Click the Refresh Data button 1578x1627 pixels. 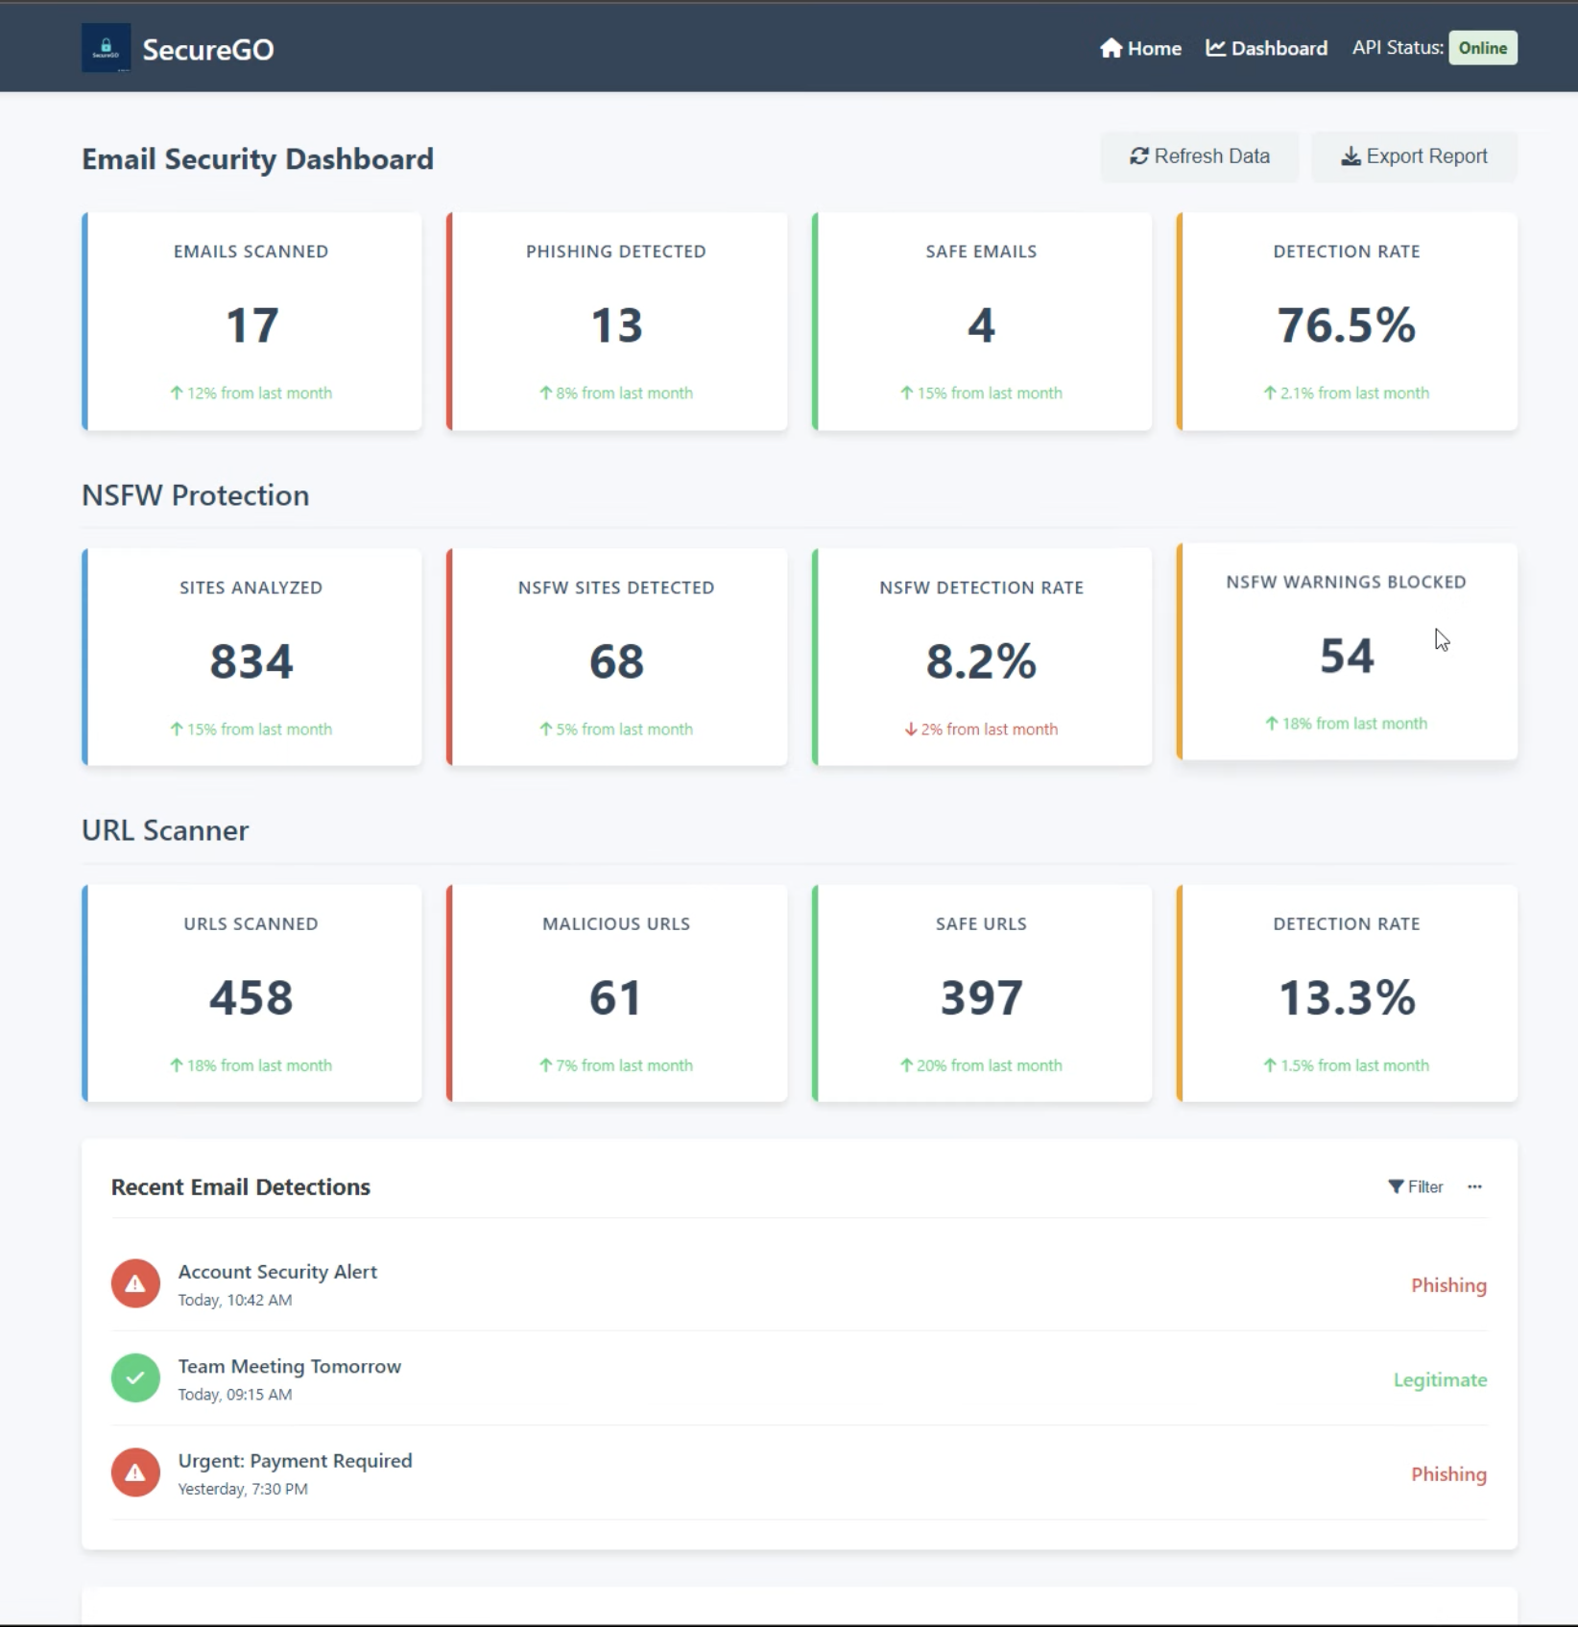pyautogui.click(x=1199, y=156)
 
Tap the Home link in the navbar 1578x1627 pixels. pyautogui.click(x=1140, y=48)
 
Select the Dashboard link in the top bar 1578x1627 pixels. pyautogui.click(x=1266, y=48)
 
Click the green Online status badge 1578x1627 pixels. pyautogui.click(x=1482, y=48)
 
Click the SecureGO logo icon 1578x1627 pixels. pyautogui.click(x=106, y=48)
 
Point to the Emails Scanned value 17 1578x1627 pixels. pyautogui.click(x=251, y=325)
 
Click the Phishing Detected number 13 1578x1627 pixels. pyautogui.click(x=616, y=325)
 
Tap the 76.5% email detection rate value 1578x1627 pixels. pyautogui.click(x=1346, y=325)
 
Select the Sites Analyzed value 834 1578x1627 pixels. pyautogui.click(x=251, y=661)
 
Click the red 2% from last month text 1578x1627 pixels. pyautogui.click(x=981, y=730)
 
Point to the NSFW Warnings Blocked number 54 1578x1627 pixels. pyautogui.click(x=1346, y=657)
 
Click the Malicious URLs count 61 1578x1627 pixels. pyautogui.click(x=616, y=997)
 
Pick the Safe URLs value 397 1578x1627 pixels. pyautogui.click(x=981, y=997)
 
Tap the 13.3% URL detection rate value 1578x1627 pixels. pyautogui.click(x=1346, y=997)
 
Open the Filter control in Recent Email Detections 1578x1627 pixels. pyautogui.click(x=1416, y=1187)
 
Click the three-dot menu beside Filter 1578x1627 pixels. pyautogui.click(x=1474, y=1187)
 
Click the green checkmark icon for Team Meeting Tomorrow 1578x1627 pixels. pyautogui.click(x=135, y=1378)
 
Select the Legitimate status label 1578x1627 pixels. pyautogui.click(x=1440, y=1379)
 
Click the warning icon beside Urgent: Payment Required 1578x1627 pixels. pyautogui.click(x=135, y=1472)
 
